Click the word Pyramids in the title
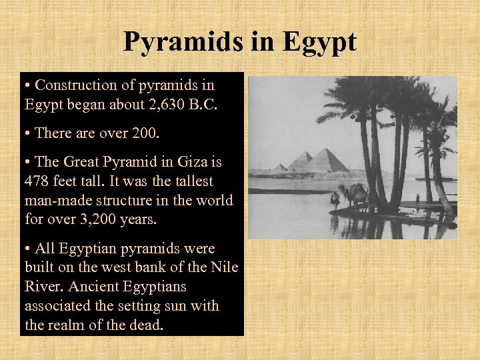tap(181, 42)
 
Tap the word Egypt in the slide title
tap(319, 42)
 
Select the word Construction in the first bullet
tap(74, 85)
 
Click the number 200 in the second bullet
tap(145, 133)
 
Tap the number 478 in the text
tap(36, 181)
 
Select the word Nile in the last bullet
tap(221, 267)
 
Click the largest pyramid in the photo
tap(327, 162)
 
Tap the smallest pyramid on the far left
tap(280, 167)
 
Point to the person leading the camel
tap(335, 199)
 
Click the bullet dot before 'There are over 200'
tap(27, 133)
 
